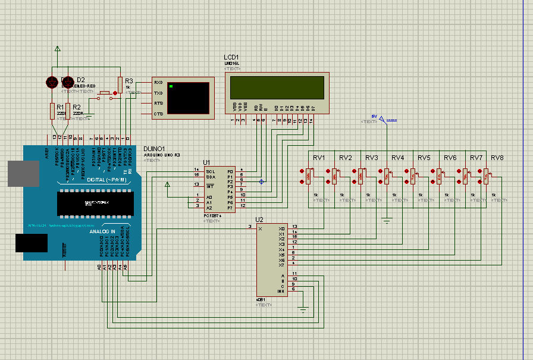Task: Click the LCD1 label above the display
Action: click(231, 57)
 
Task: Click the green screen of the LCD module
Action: click(276, 88)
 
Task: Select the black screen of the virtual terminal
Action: click(188, 98)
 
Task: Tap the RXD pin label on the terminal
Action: click(159, 82)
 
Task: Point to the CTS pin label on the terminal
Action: click(159, 114)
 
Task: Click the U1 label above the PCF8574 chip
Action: click(206, 162)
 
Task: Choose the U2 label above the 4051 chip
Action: click(259, 220)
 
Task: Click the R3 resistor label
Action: click(129, 80)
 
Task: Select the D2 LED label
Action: click(81, 80)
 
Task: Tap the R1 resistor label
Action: click(60, 107)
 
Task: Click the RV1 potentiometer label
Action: click(319, 158)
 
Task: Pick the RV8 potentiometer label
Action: click(497, 158)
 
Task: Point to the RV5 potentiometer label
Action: click(424, 158)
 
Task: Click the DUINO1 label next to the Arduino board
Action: click(153, 148)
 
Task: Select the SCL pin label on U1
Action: click(211, 171)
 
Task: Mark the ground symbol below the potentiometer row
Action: click(387, 221)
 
